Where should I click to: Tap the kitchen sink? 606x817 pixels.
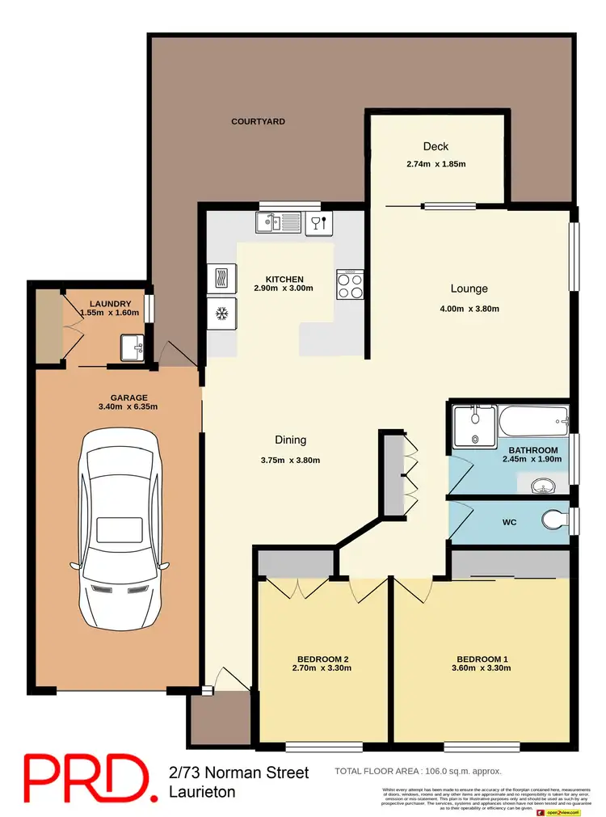[x=279, y=221]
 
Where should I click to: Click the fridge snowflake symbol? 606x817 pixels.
[x=221, y=314]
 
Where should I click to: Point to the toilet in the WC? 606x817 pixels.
[x=556, y=518]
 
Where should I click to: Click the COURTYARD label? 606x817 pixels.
[x=258, y=122]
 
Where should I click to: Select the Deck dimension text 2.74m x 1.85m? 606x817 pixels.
[x=436, y=164]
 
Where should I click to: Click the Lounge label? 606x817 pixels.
[x=469, y=288]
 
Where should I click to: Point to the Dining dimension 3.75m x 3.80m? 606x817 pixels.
[x=290, y=461]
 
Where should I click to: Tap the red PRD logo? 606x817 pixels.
[x=86, y=777]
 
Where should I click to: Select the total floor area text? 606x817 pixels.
[x=418, y=772]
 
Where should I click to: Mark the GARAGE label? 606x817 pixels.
[x=128, y=398]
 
